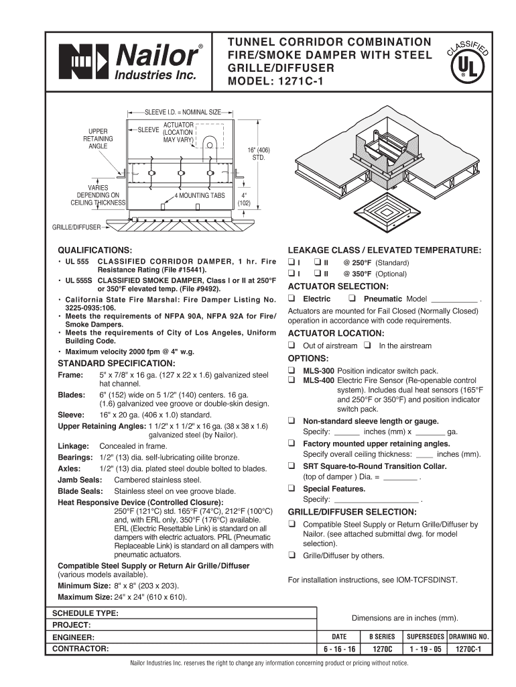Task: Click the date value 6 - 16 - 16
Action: coord(339,649)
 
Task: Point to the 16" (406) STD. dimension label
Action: coord(258,153)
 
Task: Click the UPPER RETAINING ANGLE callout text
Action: coord(97,138)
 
